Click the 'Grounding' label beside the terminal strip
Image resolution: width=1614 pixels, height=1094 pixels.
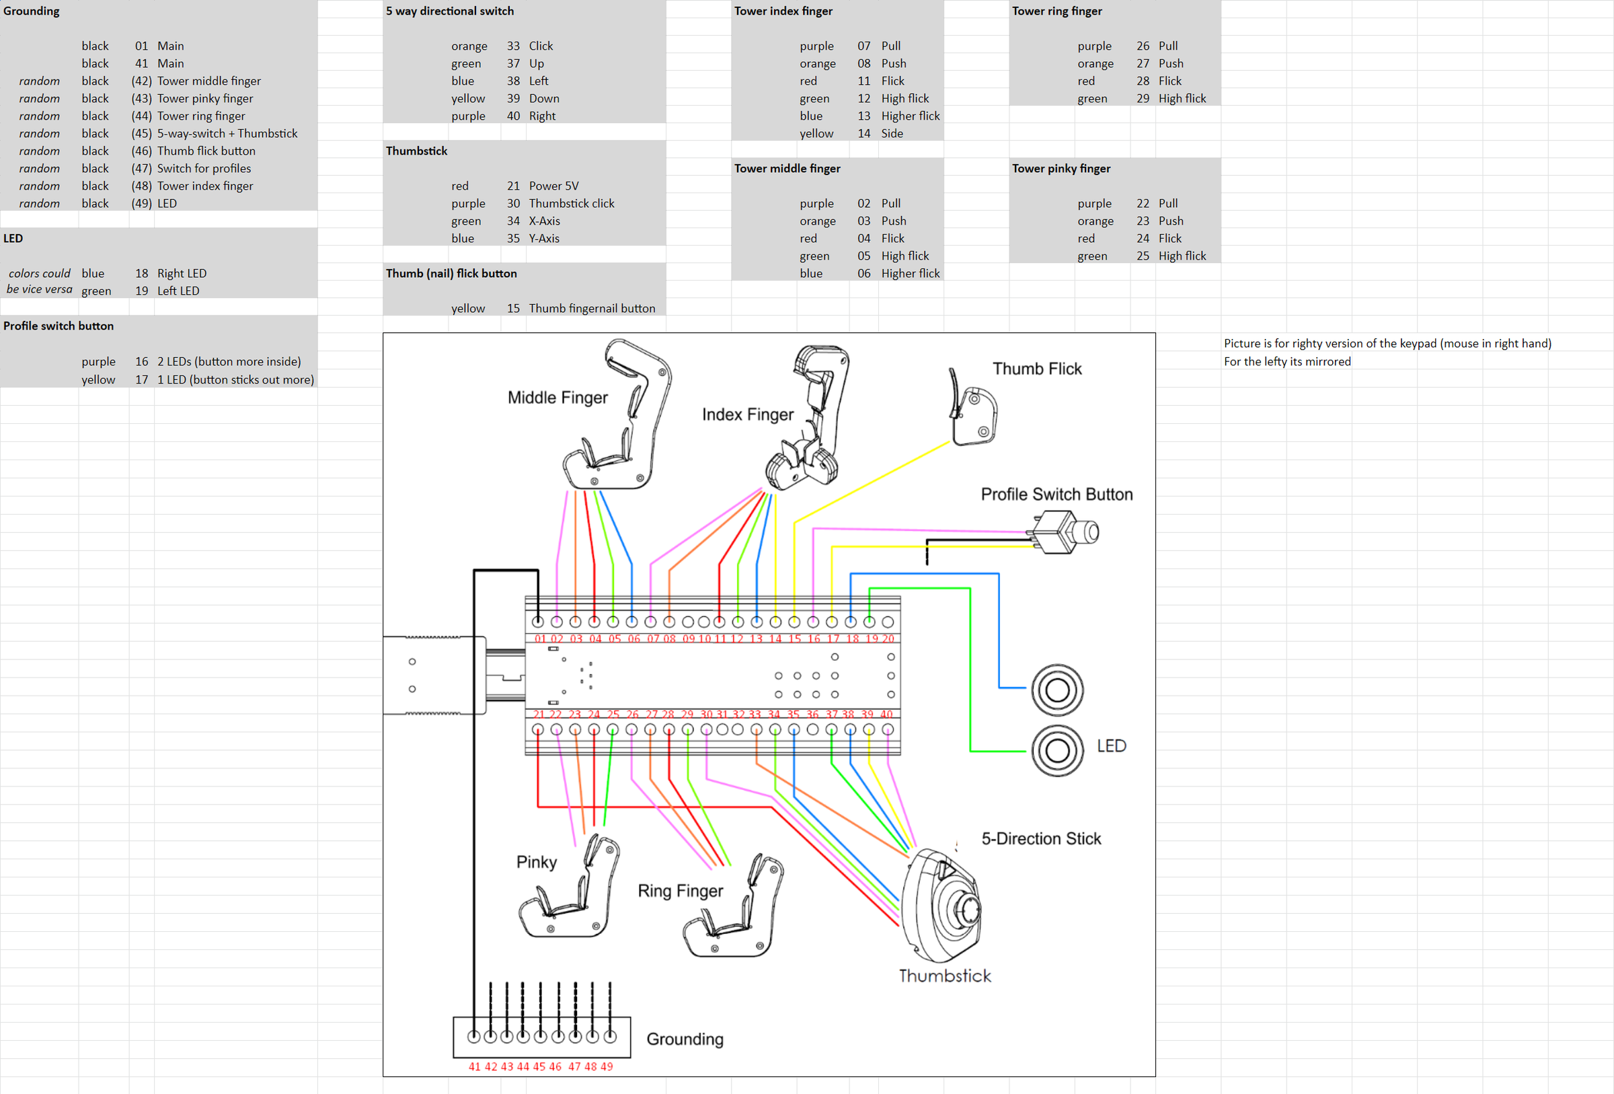[684, 1038]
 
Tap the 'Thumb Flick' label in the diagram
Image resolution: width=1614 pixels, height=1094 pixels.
[1036, 369]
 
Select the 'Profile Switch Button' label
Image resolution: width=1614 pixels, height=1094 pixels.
[1056, 494]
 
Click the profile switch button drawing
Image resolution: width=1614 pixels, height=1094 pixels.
[1065, 532]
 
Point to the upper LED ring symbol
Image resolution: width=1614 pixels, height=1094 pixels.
[1056, 690]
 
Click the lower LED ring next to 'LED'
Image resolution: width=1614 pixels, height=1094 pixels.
[1056, 750]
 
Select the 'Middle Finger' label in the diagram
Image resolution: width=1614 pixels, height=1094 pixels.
[557, 398]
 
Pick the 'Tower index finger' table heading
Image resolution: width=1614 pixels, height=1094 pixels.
[783, 11]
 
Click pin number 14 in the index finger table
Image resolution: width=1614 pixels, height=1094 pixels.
[863, 133]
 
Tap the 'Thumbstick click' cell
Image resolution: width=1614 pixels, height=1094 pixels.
[571, 203]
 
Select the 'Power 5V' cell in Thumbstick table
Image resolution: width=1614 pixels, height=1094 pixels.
[553, 186]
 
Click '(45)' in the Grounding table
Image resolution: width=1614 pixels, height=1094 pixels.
[141, 133]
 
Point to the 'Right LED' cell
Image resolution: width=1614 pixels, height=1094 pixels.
[182, 274]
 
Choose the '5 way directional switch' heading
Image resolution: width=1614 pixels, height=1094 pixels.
[449, 11]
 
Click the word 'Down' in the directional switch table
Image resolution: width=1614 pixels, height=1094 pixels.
[543, 99]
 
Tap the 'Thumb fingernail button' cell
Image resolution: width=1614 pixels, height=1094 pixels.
[591, 308]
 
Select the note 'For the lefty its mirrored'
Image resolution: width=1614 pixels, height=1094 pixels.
[1286, 361]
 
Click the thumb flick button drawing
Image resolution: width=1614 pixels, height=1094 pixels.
[974, 410]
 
